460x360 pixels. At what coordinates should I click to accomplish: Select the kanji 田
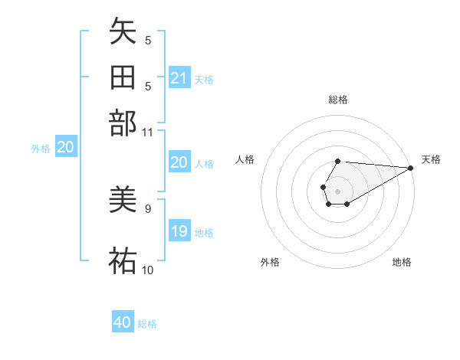(x=123, y=78)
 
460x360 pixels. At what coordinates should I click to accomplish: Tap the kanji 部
(x=123, y=123)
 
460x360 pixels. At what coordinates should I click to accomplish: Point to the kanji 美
(x=123, y=201)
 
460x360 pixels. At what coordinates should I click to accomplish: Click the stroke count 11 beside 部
(x=148, y=132)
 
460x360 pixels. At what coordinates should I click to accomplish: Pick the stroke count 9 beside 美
(x=148, y=208)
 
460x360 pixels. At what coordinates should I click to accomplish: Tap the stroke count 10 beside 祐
(x=148, y=270)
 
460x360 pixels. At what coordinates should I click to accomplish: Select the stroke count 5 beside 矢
(x=148, y=41)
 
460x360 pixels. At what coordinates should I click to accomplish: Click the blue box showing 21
(x=179, y=78)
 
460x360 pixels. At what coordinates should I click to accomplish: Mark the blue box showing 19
(x=179, y=231)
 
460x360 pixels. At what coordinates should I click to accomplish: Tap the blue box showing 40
(x=123, y=322)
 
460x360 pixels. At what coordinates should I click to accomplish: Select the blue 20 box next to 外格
(x=65, y=148)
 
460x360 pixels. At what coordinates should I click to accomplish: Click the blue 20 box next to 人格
(x=179, y=162)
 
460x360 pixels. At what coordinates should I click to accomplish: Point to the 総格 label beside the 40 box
(x=147, y=324)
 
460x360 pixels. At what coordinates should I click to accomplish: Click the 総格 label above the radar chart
(x=337, y=100)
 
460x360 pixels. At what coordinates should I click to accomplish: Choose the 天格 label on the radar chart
(x=431, y=159)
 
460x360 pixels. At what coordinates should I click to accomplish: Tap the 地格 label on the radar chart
(x=402, y=263)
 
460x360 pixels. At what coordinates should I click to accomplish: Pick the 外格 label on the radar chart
(x=270, y=263)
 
